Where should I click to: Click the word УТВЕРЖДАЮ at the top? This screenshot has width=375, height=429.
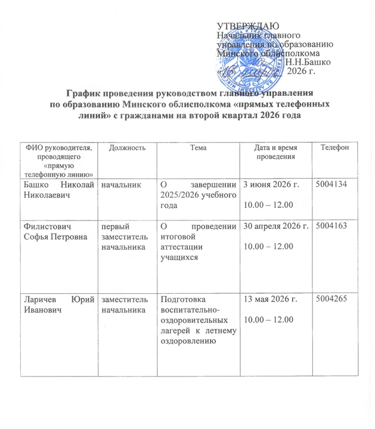(244, 25)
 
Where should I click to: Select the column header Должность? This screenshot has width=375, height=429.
(126, 148)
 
